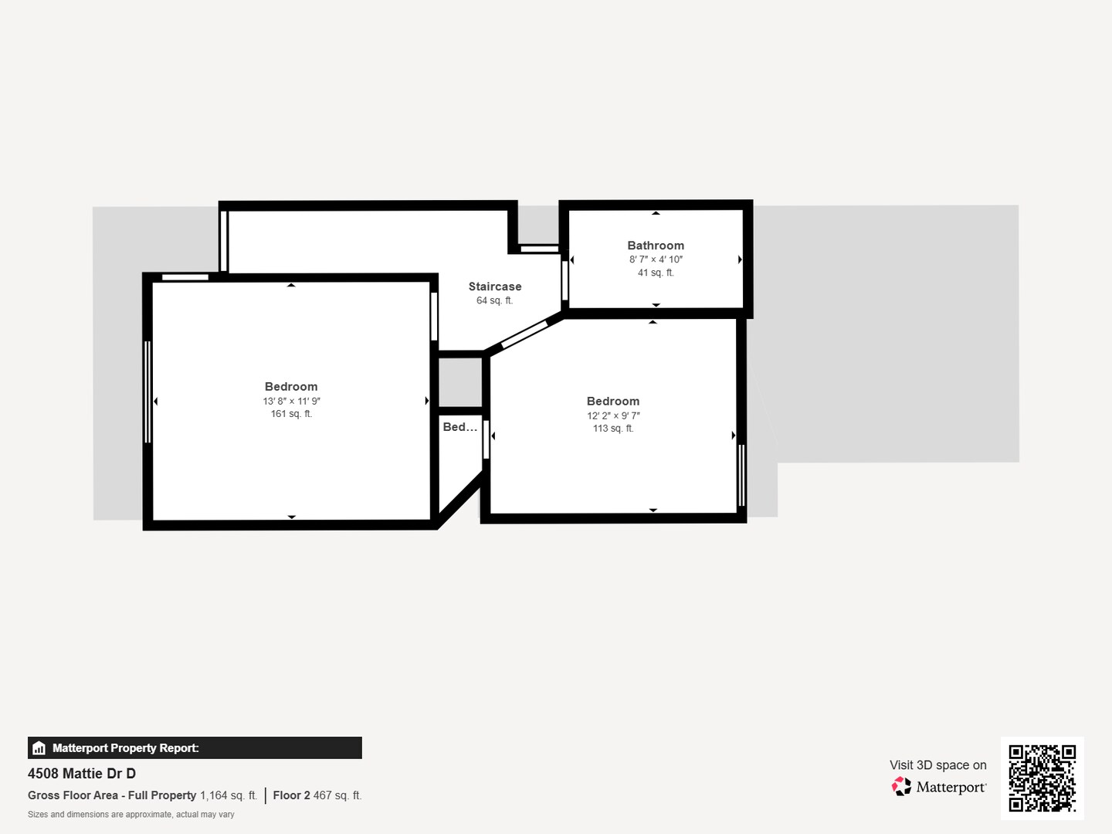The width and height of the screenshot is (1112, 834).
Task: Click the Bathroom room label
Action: click(x=656, y=246)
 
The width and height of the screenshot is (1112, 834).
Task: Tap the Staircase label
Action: click(x=495, y=286)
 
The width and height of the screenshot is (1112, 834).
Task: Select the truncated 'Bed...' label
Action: click(x=460, y=427)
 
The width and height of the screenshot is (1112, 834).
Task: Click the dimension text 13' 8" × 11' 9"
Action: click(x=291, y=401)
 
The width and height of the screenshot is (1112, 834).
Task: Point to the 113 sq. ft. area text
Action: click(x=613, y=429)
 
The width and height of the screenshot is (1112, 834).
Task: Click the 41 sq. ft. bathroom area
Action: click(x=656, y=273)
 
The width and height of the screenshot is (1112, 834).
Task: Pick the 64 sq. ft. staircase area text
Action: click(x=494, y=300)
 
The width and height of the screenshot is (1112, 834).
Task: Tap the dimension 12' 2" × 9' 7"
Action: click(x=613, y=415)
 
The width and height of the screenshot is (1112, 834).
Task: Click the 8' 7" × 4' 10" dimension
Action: click(x=656, y=259)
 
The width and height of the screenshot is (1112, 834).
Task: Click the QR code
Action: click(x=1042, y=778)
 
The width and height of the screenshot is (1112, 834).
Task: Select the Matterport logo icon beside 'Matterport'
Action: click(x=901, y=786)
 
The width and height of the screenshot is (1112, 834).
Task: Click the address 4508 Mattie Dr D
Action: click(x=82, y=773)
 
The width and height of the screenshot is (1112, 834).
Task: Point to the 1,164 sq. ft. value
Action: click(x=228, y=795)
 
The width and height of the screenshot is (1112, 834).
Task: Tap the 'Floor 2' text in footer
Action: click(x=291, y=795)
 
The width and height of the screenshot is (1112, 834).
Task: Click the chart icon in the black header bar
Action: click(x=39, y=748)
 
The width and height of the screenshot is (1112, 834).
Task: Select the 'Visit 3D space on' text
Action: click(x=937, y=764)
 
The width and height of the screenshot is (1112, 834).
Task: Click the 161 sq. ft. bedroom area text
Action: click(x=291, y=414)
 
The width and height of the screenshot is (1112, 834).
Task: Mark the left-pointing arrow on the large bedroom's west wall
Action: click(x=156, y=402)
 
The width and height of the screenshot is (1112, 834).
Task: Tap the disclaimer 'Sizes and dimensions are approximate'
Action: click(x=131, y=815)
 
